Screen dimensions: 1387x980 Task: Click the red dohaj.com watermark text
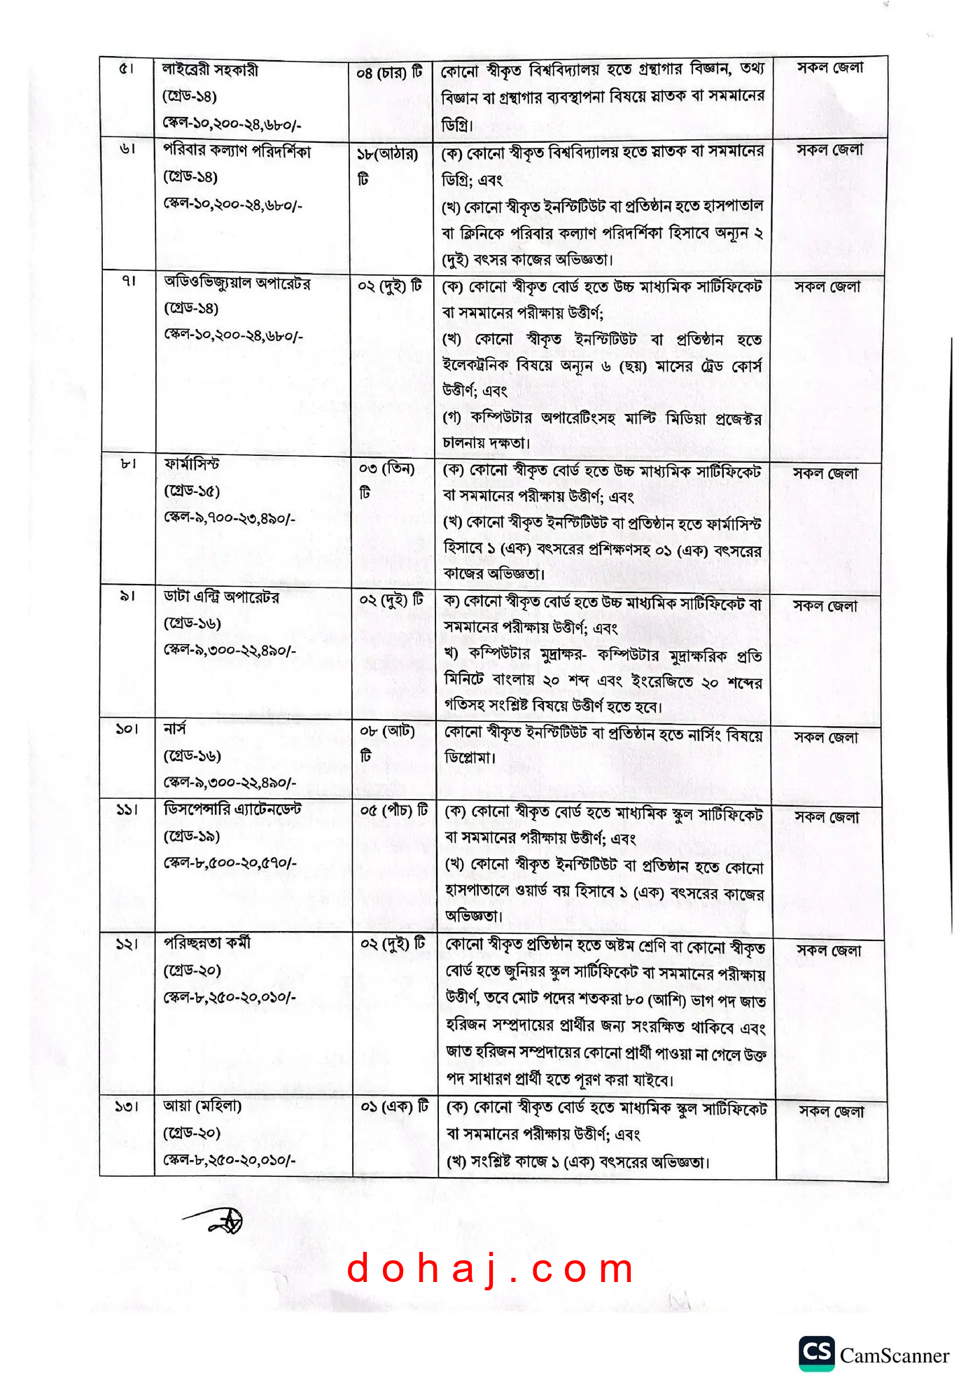tap(490, 1269)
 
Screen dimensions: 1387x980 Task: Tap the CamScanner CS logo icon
tap(816, 1352)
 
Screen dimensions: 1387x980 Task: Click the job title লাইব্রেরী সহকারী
tap(211, 70)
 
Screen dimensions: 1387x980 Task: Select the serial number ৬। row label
tap(127, 149)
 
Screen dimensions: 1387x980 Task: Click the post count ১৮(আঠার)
tap(387, 154)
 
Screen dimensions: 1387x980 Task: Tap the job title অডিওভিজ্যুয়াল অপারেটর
tap(237, 283)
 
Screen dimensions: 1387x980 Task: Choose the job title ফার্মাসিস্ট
tap(192, 464)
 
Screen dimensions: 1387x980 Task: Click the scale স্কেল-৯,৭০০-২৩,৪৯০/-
tap(230, 518)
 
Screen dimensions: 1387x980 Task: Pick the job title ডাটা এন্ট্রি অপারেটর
tap(222, 597)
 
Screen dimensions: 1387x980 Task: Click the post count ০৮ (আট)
tap(388, 732)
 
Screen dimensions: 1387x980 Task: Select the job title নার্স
tap(175, 729)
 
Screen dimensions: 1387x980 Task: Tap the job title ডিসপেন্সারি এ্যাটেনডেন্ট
tap(232, 809)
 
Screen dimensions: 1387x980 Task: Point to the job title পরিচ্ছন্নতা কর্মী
tap(207, 943)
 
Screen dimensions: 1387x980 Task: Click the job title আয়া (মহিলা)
tap(202, 1106)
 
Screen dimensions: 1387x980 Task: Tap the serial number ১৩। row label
tap(127, 1107)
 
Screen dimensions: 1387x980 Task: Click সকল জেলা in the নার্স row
tap(826, 737)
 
